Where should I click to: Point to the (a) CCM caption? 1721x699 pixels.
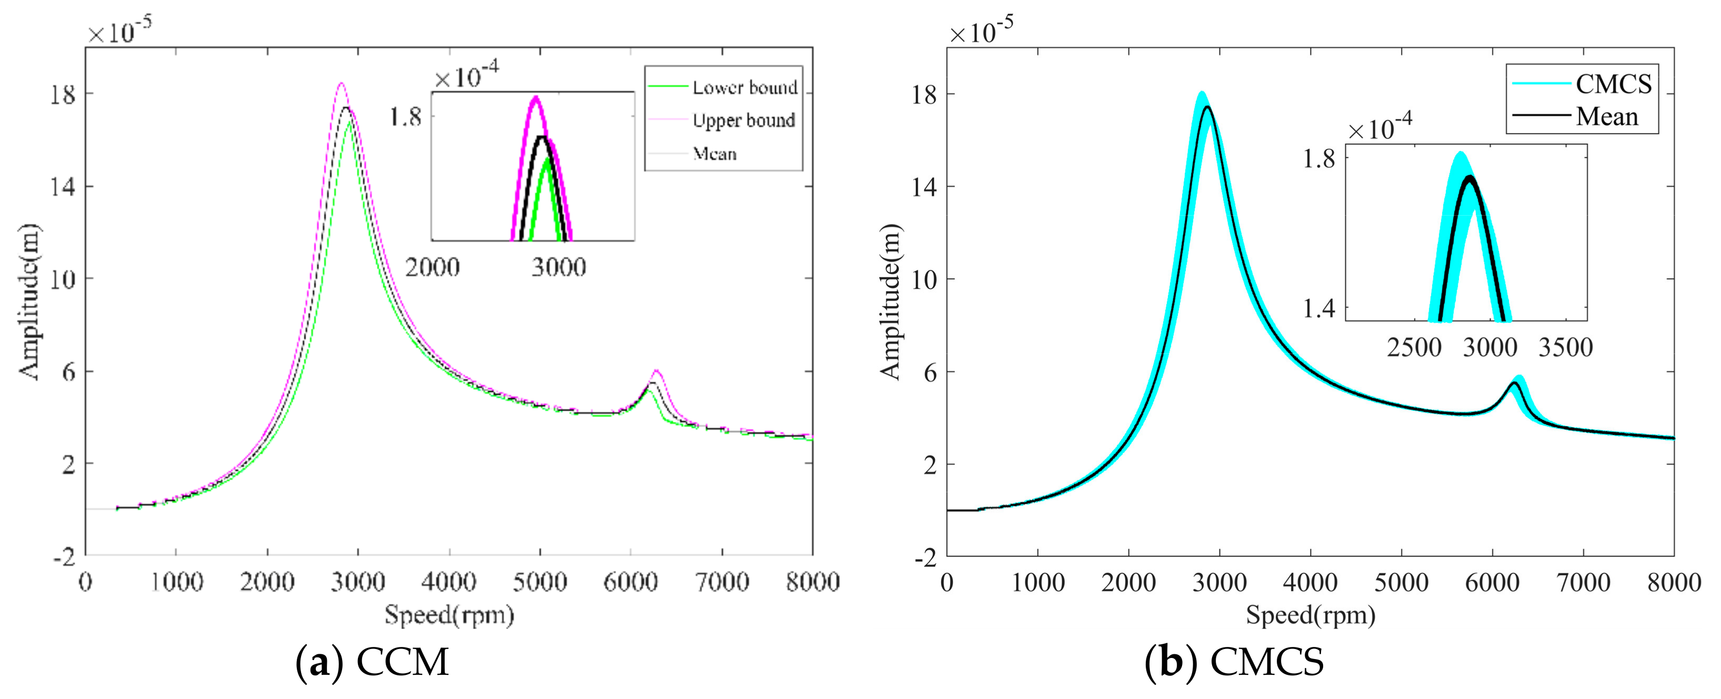point(372,662)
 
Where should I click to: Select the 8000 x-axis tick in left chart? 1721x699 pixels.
point(812,582)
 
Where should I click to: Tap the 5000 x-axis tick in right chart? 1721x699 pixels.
point(1401,582)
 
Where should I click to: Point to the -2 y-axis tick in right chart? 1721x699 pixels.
point(925,558)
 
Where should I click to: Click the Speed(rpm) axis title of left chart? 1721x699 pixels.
point(449,614)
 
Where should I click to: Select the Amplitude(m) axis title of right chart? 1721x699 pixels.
point(890,302)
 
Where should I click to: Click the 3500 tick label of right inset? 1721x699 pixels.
point(1565,347)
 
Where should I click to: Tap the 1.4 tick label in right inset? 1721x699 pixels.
point(1318,308)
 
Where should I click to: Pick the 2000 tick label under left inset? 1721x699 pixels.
point(432,267)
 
